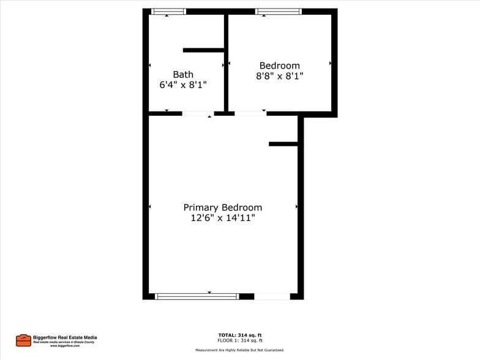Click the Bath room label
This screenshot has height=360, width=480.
[x=183, y=75]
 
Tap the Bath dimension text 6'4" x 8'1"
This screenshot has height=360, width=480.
[x=183, y=86]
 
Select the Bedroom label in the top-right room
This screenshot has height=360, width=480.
[x=279, y=66]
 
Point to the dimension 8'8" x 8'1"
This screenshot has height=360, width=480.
[x=279, y=77]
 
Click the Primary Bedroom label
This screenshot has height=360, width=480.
[x=222, y=208]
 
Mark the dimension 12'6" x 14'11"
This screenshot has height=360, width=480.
[x=222, y=218]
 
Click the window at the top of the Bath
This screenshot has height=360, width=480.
[x=168, y=11]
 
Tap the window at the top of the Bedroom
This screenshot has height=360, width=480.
[x=278, y=11]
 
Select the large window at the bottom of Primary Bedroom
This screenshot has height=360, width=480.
[x=197, y=296]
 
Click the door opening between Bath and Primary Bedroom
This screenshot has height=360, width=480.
[x=198, y=113]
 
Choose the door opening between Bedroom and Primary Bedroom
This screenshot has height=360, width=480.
[x=250, y=113]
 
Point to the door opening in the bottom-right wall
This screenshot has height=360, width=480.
[x=272, y=296]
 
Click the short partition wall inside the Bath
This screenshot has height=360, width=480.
[x=203, y=50]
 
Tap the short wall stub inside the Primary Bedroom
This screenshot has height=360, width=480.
[x=283, y=144]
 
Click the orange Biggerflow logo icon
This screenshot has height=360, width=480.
[x=23, y=340]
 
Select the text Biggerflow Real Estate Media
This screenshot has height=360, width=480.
[x=65, y=337]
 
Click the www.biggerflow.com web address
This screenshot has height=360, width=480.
[x=65, y=346]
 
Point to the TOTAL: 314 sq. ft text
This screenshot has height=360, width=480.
[x=240, y=335]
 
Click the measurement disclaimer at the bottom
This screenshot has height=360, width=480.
[x=240, y=350]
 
